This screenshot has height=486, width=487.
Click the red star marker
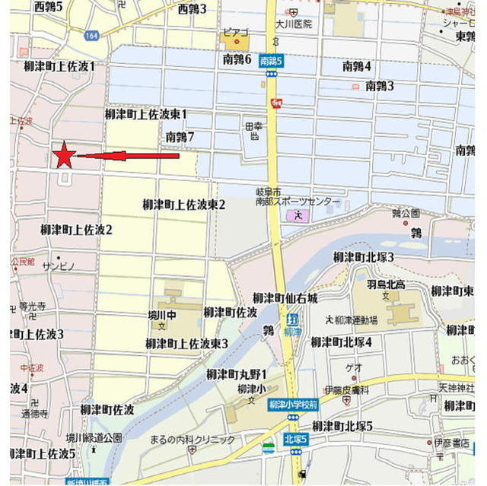tap(64, 155)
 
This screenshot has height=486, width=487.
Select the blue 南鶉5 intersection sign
tap(271, 61)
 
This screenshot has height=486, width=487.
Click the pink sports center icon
tap(298, 215)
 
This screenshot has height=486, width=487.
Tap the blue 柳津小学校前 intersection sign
tap(293, 406)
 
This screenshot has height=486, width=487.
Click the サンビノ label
tap(59, 266)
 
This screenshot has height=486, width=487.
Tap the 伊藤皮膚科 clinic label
tap(346, 389)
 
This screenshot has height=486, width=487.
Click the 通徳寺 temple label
tap(34, 415)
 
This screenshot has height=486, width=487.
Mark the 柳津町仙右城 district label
tap(285, 297)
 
